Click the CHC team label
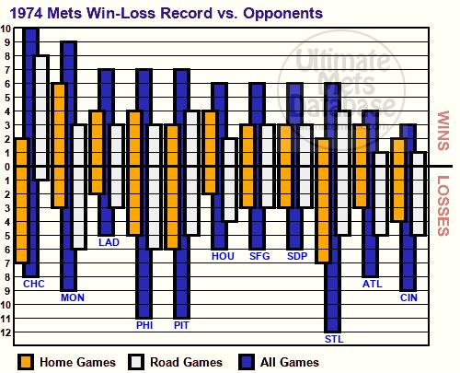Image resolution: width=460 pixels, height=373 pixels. tap(34, 284)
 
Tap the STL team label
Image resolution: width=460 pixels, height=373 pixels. tap(334, 339)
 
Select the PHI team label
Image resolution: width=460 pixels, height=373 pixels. tap(144, 325)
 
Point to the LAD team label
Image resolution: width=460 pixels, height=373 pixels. tap(109, 242)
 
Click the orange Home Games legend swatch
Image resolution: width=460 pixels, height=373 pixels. tap(25, 362)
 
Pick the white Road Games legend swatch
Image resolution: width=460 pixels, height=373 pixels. tap(135, 362)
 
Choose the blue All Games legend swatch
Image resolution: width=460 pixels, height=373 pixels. tap(246, 362)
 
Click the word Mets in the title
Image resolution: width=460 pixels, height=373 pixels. tap(64, 13)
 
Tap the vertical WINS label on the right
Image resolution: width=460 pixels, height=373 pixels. tap(443, 131)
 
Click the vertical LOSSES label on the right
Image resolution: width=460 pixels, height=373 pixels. tap(443, 205)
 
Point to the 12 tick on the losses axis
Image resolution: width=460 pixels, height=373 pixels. tap(7, 332)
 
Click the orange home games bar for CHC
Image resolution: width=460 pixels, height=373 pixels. tap(22, 201)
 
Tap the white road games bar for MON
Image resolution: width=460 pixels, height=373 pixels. tap(79, 187)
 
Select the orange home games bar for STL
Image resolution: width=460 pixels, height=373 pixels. tap(324, 201)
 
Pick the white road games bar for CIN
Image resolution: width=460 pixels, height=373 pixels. tap(419, 193)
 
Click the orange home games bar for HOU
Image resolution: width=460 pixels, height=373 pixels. tap(210, 152)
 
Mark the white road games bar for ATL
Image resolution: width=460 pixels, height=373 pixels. tap(381, 193)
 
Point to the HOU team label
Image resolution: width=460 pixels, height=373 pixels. tap(223, 256)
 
